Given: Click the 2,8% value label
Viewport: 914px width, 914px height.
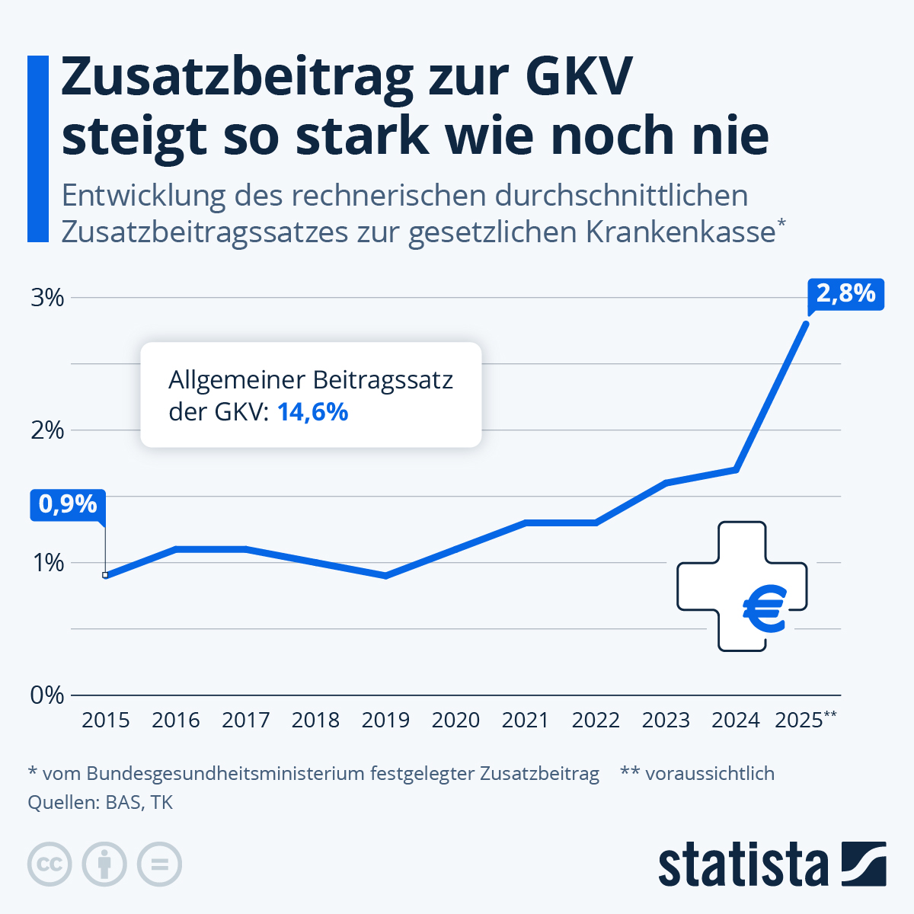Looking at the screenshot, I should pyautogui.click(x=845, y=293).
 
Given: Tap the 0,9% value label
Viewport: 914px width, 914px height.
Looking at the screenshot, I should pyautogui.click(x=68, y=504).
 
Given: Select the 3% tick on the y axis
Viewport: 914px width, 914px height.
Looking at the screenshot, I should pyautogui.click(x=47, y=297).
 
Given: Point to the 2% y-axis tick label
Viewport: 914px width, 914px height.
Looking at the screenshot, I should pyautogui.click(x=47, y=430).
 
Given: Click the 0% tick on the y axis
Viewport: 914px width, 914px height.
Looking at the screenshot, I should pyautogui.click(x=47, y=695).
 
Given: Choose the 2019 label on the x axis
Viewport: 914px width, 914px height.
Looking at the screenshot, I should pyautogui.click(x=385, y=720).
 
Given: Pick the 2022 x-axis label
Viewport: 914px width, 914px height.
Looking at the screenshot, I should pyautogui.click(x=596, y=720).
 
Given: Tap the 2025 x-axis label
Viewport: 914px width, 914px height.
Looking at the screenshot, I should pyautogui.click(x=800, y=720).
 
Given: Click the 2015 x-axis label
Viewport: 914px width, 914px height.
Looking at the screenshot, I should pyautogui.click(x=106, y=720).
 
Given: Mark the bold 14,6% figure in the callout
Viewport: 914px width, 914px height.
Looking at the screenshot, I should pyautogui.click(x=312, y=412).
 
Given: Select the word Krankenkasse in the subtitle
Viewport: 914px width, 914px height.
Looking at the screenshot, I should pyautogui.click(x=680, y=232).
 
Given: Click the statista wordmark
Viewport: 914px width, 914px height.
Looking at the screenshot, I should pyautogui.click(x=743, y=865).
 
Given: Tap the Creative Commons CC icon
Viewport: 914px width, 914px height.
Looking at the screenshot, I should pyautogui.click(x=50, y=864).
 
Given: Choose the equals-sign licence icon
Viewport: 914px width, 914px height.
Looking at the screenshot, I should pyautogui.click(x=159, y=864).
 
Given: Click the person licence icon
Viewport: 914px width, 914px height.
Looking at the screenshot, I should pyautogui.click(x=104, y=864).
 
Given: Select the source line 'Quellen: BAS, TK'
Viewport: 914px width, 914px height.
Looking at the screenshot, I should pyautogui.click(x=100, y=802).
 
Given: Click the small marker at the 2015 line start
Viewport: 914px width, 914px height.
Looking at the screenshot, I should pyautogui.click(x=105, y=575).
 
